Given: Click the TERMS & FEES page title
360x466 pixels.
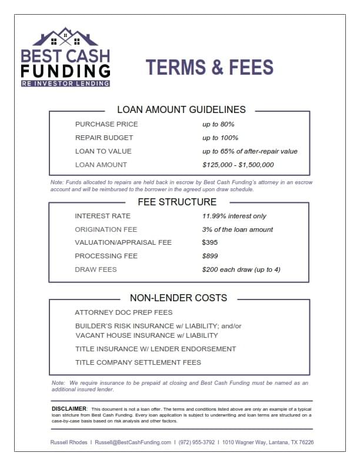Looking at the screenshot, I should (209, 67).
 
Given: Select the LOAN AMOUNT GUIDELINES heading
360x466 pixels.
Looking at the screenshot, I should (181, 109).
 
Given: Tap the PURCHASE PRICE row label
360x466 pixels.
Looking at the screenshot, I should (106, 124).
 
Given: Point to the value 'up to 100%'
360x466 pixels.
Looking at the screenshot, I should (221, 138).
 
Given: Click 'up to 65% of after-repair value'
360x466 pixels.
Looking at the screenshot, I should (250, 151).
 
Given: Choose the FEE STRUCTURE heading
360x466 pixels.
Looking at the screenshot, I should (177, 202).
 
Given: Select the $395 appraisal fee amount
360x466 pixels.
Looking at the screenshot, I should (210, 242).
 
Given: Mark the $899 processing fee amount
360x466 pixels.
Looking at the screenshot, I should (210, 256).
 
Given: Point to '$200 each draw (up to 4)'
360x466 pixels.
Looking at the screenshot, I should (241, 269).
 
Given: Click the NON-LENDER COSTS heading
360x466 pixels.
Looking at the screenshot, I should (178, 298).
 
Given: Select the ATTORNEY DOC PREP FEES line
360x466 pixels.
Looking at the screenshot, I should (124, 312).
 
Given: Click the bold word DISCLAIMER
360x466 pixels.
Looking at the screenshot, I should (69, 408).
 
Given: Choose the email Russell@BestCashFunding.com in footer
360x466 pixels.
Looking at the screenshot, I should (133, 442).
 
